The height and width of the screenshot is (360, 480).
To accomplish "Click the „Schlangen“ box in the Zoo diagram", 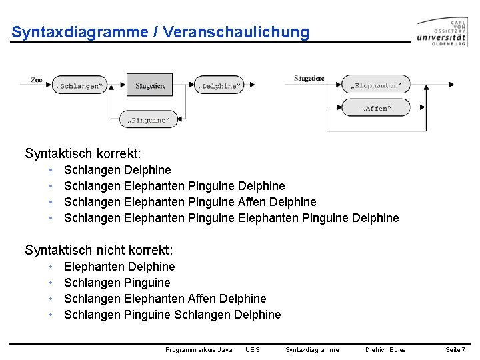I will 79,85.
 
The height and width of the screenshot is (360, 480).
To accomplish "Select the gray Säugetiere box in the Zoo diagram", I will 150,85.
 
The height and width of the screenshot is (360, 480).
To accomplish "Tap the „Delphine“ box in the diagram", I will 219,85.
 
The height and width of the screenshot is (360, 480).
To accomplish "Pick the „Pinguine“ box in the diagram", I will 148,120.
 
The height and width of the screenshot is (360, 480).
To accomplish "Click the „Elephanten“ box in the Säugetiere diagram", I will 376,85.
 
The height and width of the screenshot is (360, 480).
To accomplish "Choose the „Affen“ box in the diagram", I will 376,108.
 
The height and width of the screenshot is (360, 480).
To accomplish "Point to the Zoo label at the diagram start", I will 37,80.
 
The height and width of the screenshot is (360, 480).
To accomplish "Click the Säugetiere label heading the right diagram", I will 309,79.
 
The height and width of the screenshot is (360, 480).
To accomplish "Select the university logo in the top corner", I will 442,31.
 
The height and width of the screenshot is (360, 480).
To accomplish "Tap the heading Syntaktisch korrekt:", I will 83,154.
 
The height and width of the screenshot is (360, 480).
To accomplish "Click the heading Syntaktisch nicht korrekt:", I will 99,251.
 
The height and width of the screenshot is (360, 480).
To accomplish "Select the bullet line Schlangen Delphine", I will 117,170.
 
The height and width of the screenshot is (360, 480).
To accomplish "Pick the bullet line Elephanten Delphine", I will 119,267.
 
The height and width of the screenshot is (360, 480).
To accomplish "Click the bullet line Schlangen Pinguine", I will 117,283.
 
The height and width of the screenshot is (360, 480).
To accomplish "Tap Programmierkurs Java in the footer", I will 199,349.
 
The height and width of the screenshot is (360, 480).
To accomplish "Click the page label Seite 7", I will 455,349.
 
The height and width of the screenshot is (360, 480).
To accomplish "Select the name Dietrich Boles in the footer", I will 385,349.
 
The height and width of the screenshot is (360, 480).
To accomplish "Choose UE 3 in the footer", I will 252,349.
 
